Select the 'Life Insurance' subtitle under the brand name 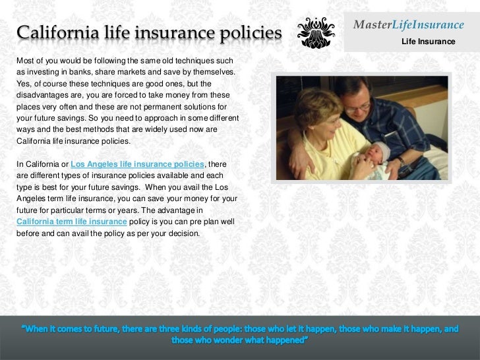coord(428,43)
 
